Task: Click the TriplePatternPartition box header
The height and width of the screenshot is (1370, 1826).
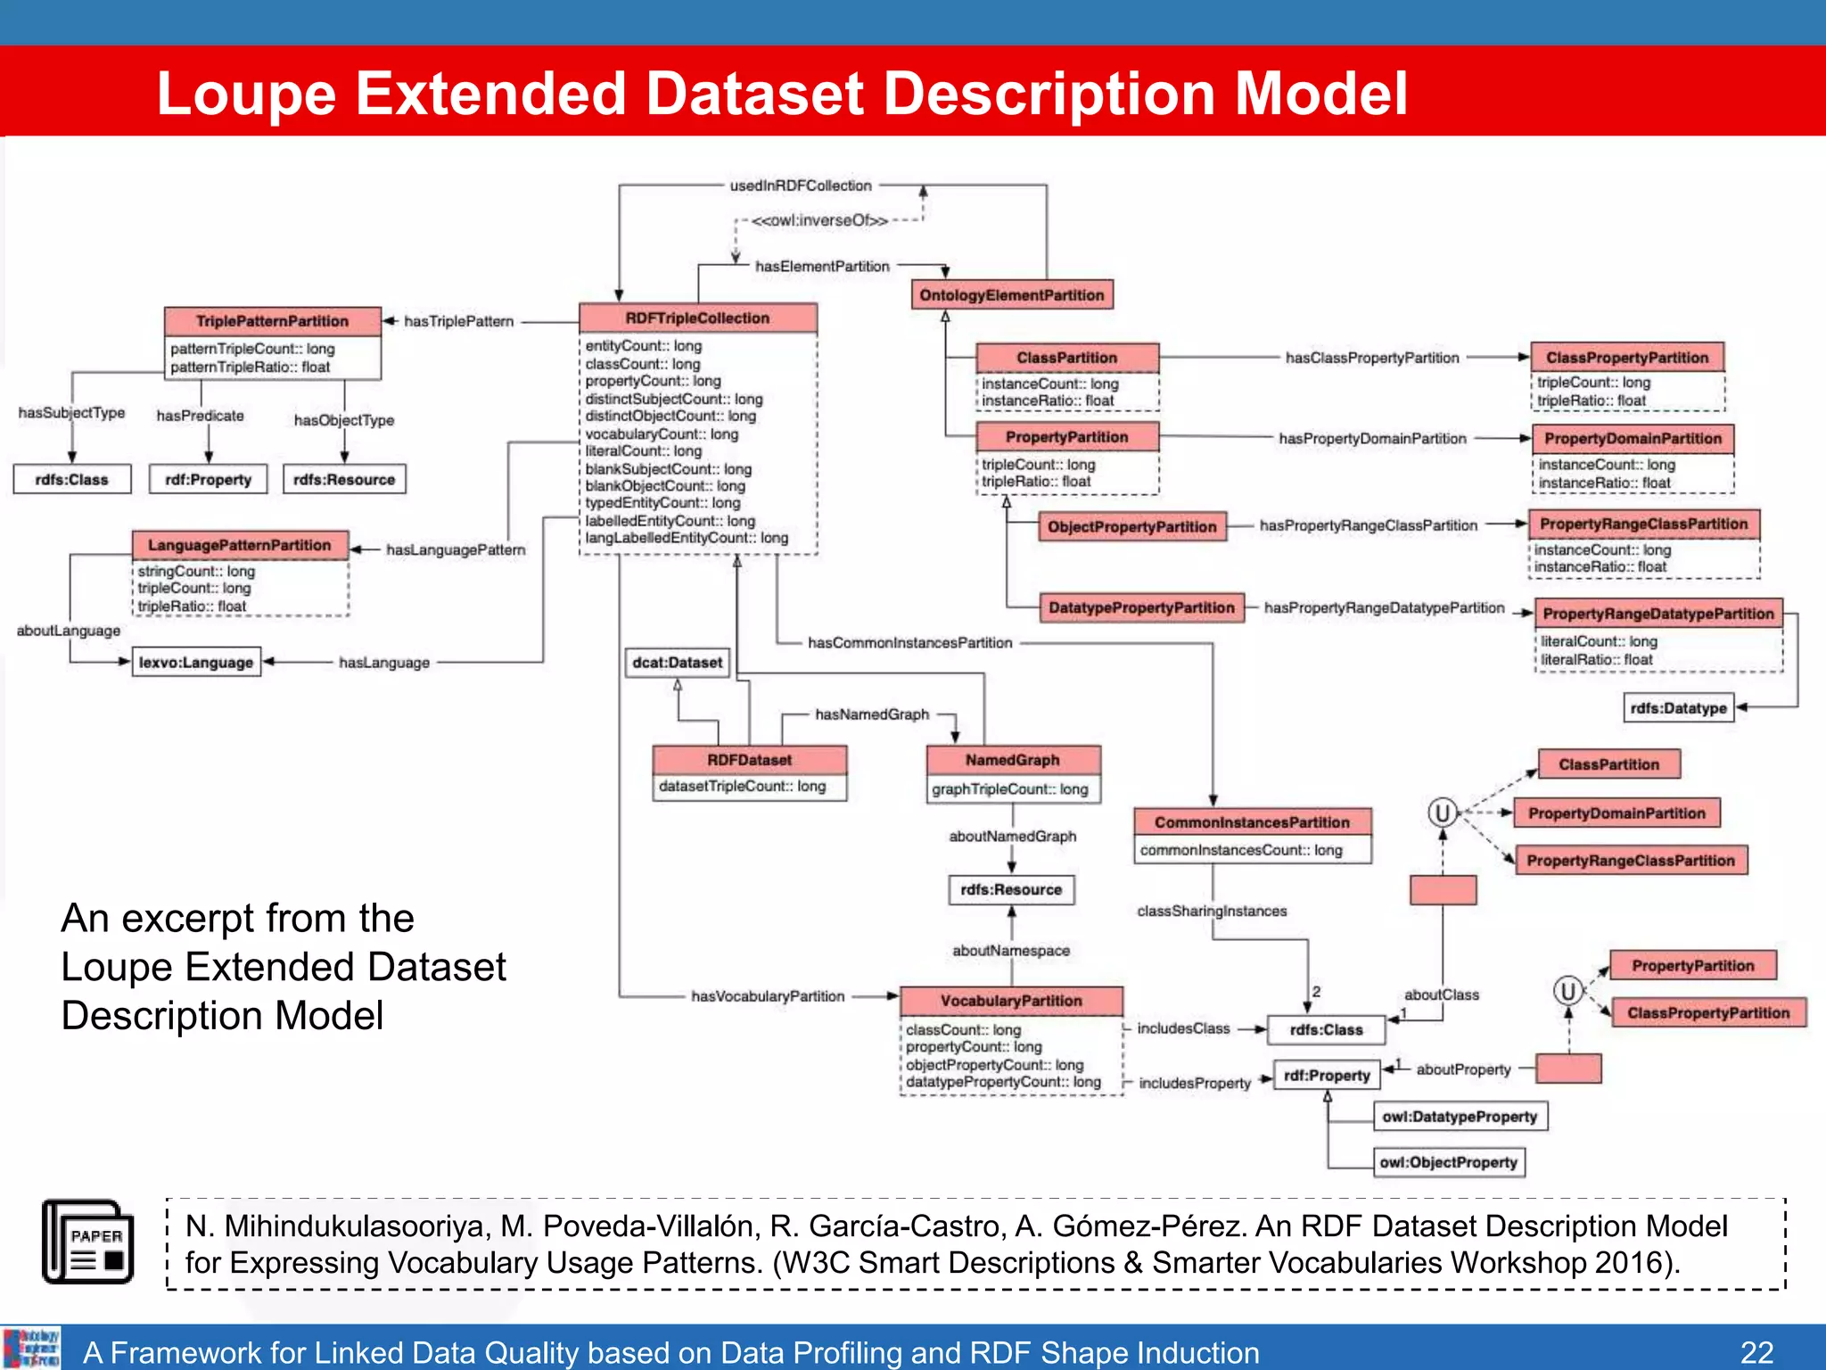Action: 272,321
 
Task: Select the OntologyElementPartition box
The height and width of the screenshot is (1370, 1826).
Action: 1011,295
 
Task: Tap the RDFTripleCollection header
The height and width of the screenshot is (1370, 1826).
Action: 697,318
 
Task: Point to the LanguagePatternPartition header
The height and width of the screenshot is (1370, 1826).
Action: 240,545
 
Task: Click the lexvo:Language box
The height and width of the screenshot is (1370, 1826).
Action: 196,663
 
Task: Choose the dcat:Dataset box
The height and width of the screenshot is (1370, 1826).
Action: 677,663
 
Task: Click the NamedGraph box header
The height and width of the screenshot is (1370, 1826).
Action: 1013,760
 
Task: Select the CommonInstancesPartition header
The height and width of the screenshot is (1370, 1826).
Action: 1252,822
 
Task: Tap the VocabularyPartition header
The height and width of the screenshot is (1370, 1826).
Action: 1011,1001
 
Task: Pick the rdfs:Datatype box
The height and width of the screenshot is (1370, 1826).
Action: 1678,708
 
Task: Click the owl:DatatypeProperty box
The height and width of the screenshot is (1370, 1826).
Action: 1460,1117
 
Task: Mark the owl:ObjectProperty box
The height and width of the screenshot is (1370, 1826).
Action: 1448,1162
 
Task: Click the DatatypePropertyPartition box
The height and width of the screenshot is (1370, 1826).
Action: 1141,607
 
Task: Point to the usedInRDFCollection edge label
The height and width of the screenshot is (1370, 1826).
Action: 801,186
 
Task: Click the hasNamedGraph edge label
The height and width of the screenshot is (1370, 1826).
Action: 872,714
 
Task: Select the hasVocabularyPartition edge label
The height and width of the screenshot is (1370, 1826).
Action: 768,996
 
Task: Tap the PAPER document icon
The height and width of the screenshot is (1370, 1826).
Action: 88,1242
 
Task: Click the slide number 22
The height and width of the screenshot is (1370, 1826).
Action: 1756,1352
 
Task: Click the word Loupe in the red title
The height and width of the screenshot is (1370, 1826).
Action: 246,94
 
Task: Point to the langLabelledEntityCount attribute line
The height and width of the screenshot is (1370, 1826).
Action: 687,538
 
